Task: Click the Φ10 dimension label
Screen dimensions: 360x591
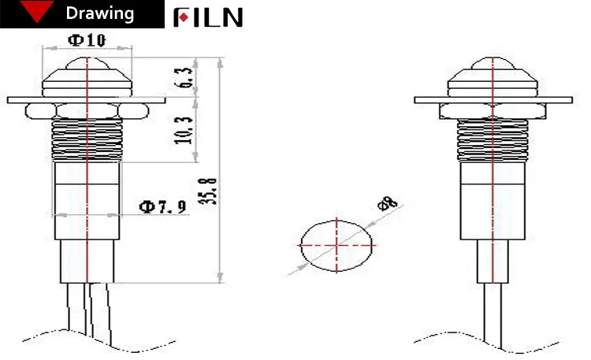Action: [87, 40]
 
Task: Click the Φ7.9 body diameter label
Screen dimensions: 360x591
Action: [163, 207]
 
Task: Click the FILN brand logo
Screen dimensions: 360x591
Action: [208, 17]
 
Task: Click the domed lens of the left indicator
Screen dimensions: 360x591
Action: [87, 75]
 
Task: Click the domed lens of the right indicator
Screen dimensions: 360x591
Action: [494, 75]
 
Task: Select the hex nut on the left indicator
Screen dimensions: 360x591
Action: [87, 110]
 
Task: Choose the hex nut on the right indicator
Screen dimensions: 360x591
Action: [494, 110]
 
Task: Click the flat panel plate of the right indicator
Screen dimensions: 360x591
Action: [544, 100]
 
